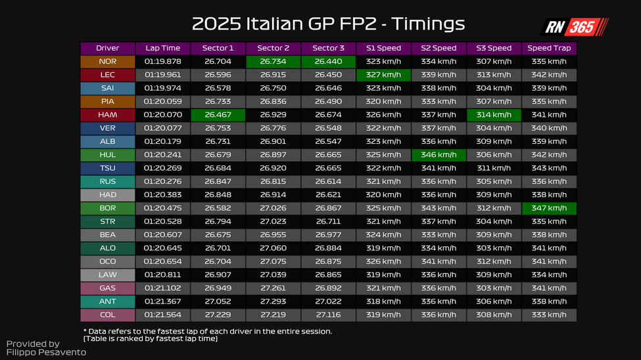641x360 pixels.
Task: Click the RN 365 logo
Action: (574, 27)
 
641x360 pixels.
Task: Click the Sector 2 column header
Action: (273, 48)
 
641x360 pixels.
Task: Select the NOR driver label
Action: (107, 62)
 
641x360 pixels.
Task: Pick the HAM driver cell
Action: (107, 115)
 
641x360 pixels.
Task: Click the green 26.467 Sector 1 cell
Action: (218, 115)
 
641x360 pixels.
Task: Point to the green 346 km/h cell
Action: (439, 155)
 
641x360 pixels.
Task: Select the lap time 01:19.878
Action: (162, 62)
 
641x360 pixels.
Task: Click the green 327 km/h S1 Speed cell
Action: (383, 75)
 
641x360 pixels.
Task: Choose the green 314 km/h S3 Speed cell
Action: (494, 115)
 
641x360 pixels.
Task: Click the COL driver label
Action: (107, 315)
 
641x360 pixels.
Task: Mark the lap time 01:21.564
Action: (162, 315)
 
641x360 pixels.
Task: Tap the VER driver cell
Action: (107, 128)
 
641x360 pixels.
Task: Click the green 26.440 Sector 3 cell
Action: (329, 62)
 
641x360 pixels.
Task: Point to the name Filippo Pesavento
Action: (46, 353)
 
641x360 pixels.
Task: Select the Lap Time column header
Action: (162, 48)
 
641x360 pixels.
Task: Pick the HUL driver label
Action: (107, 155)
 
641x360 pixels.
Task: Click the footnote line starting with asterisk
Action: (207, 331)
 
